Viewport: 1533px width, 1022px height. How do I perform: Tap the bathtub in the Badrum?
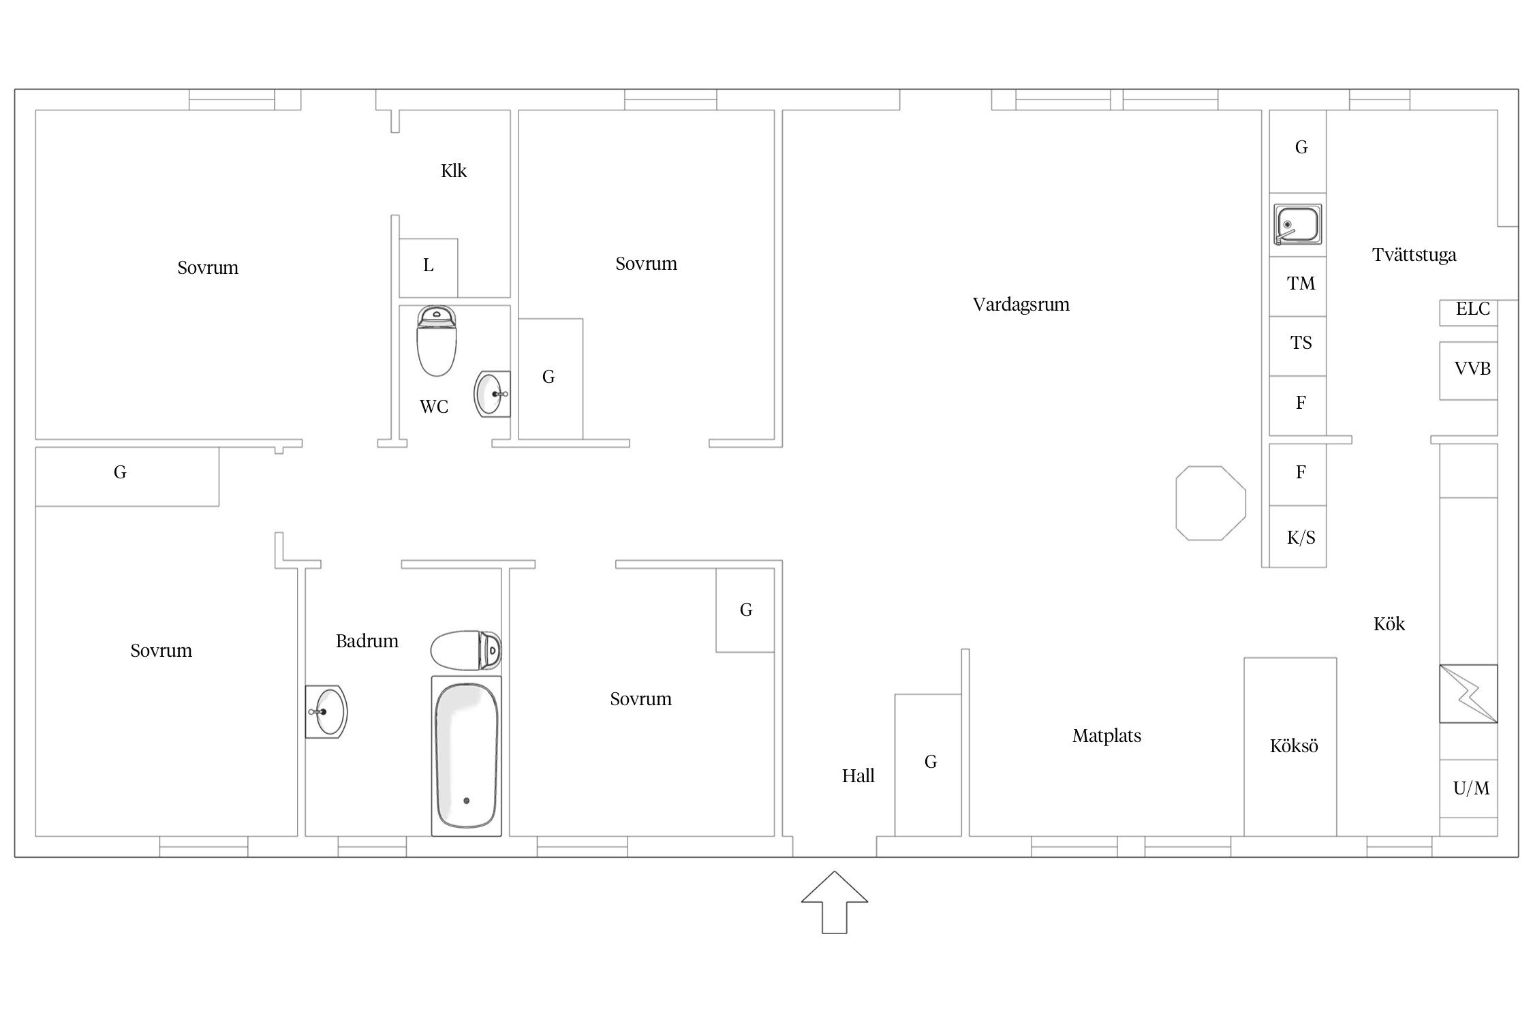pos(467,756)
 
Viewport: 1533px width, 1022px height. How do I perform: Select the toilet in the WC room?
pos(436,341)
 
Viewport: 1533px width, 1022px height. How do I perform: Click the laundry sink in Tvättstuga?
pos(1298,224)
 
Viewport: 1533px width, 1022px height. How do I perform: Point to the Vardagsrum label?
pos(1021,305)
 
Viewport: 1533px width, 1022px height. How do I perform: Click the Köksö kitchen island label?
pos(1294,746)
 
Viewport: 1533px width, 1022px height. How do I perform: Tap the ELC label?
pos(1472,309)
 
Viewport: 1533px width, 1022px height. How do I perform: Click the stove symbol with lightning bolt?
pos(1468,694)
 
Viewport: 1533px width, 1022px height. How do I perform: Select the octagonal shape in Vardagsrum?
pos(1211,503)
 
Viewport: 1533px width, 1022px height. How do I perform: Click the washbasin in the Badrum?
pos(326,711)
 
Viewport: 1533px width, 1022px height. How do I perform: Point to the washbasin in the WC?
pos(492,394)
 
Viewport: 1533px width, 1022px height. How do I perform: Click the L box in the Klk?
pos(428,268)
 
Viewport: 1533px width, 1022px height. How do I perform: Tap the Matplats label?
pos(1106,736)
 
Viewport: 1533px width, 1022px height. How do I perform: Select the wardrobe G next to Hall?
pos(928,765)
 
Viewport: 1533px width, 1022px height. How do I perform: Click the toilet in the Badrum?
pos(466,649)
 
